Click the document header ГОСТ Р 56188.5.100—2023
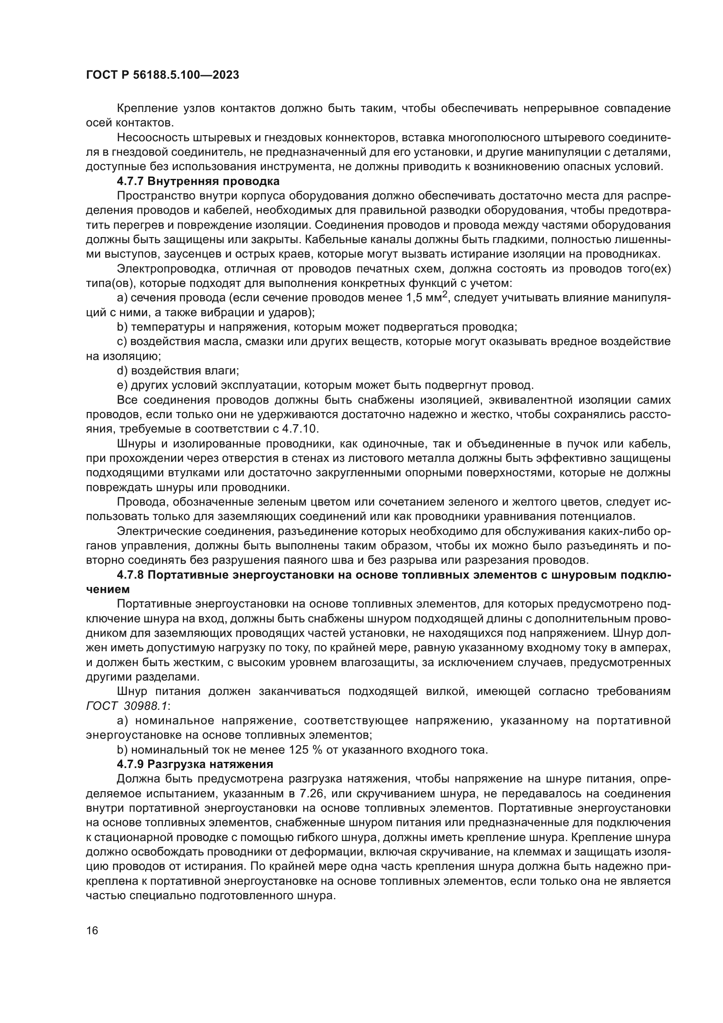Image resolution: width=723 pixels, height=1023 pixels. (162, 75)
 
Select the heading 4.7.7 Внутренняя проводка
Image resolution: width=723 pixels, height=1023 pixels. (198, 182)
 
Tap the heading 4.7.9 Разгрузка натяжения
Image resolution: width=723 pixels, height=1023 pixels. (195, 764)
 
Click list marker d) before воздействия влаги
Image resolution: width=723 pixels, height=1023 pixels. (122, 371)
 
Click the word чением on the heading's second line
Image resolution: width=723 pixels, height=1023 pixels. (108, 589)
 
